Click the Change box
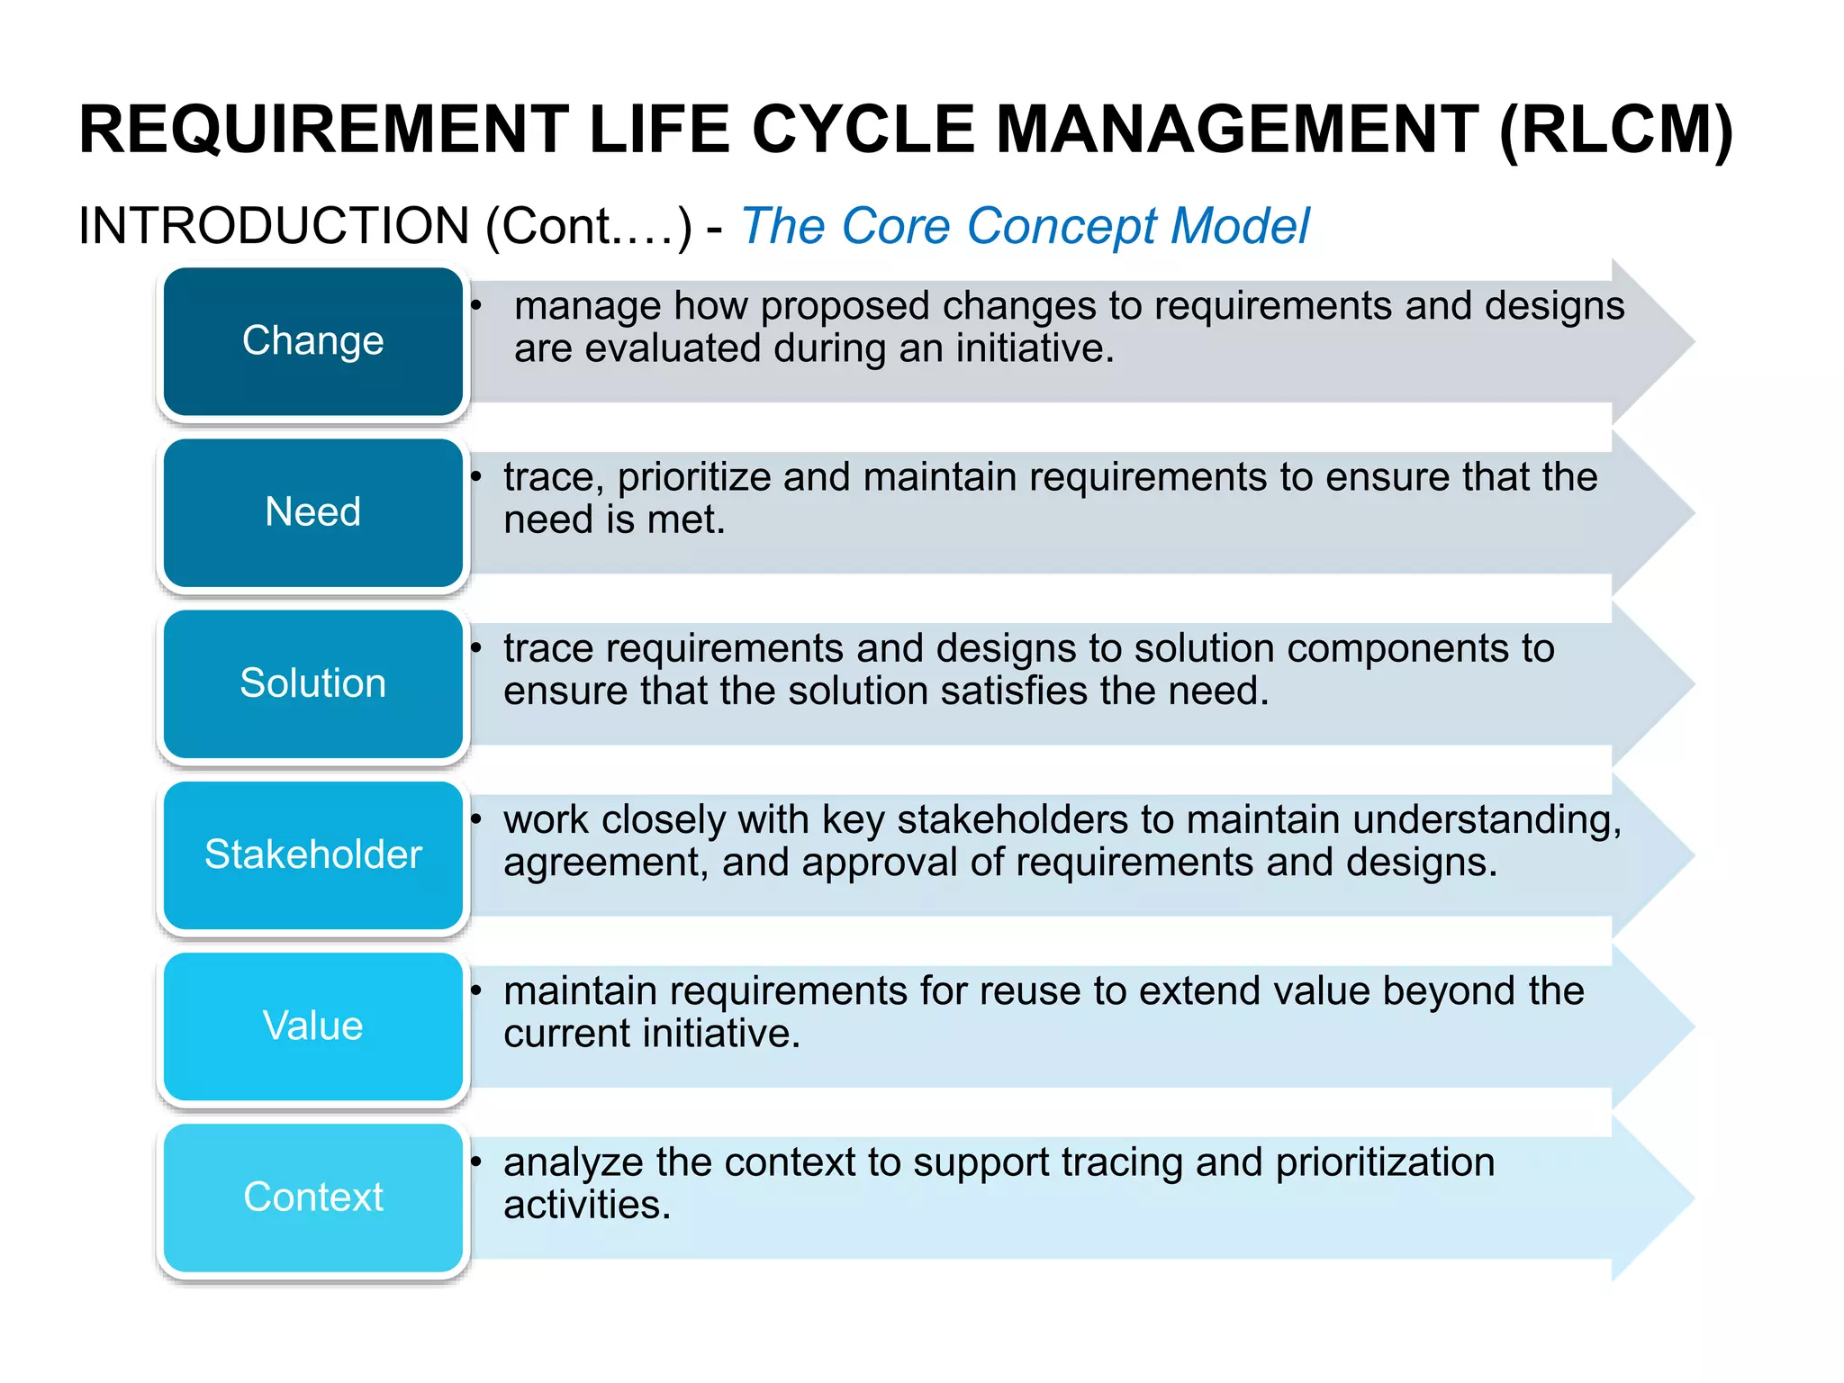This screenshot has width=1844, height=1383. pyautogui.click(x=312, y=341)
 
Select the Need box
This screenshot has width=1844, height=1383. pyautogui.click(x=312, y=512)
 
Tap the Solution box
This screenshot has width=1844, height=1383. pyautogui.click(x=312, y=683)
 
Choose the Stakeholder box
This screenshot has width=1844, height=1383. pyautogui.click(x=312, y=854)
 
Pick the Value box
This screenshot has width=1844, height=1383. pyautogui.click(x=312, y=1026)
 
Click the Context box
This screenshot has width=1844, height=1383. pyautogui.click(x=312, y=1197)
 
